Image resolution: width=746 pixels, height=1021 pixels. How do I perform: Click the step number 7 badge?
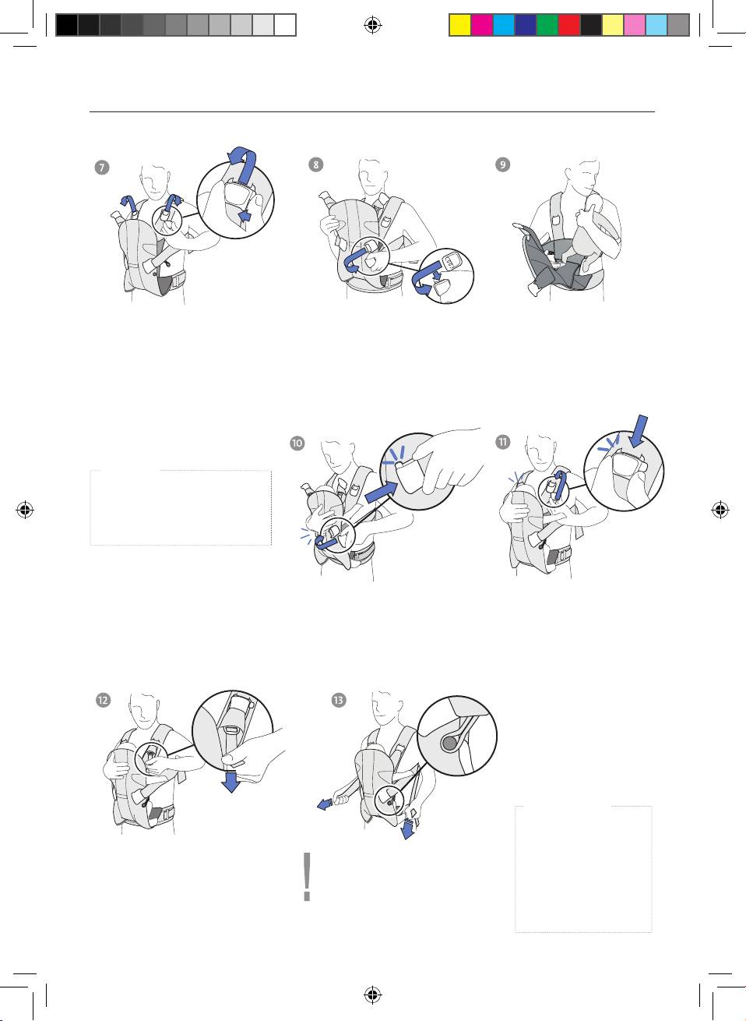pos(102,168)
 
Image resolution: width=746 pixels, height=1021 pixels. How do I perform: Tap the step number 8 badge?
pos(315,164)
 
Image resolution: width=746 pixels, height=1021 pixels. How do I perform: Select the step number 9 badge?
pos(503,164)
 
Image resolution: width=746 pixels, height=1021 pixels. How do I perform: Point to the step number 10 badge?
pos(297,443)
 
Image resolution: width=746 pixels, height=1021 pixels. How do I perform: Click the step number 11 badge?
pos(503,442)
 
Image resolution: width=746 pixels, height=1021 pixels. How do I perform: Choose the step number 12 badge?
pos(104,700)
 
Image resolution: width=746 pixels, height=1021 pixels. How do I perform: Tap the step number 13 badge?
pos(339,700)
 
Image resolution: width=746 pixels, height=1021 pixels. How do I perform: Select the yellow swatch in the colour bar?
pos(460,25)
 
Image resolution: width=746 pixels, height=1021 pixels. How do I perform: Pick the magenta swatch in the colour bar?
pos(482,25)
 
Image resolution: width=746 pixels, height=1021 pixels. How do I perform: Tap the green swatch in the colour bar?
pos(547,25)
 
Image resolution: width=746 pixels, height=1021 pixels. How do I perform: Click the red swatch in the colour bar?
pos(569,25)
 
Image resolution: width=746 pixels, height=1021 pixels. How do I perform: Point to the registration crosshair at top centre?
pos(373,25)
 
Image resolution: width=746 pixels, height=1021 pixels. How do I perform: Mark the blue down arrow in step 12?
pos(232,782)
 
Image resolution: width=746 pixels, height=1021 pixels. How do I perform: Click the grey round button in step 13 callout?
pos(449,744)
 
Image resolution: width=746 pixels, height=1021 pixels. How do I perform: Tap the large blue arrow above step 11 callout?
pos(638,431)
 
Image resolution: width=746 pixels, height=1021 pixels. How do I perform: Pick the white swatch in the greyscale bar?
pos(286,25)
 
